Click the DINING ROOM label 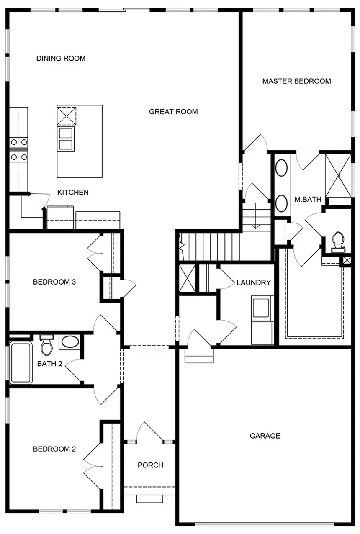(61, 59)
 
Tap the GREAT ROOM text (173, 112)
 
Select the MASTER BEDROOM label (296, 81)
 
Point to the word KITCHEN (73, 193)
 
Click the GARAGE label (265, 436)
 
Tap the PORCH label (150, 465)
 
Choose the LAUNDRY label (254, 283)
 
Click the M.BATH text (308, 200)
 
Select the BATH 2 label (49, 364)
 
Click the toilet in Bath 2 (46, 346)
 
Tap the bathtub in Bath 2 (21, 362)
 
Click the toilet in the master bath (337, 242)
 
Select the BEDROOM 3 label (54, 282)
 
